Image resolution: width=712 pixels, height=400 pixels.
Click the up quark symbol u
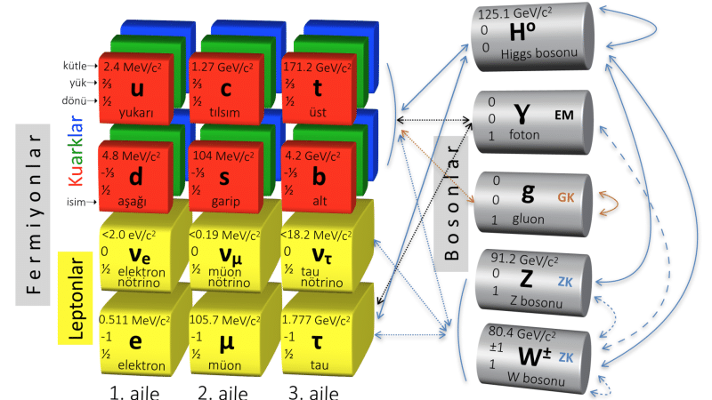[137, 88]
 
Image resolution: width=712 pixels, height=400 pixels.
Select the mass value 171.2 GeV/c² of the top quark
[317, 68]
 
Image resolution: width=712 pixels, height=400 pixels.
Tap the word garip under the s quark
[226, 201]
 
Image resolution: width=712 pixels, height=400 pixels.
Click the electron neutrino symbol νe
[140, 256]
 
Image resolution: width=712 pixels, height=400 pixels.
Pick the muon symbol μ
[227, 343]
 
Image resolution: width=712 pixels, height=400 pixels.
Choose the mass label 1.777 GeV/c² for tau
[316, 320]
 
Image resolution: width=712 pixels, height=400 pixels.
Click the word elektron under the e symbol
[142, 365]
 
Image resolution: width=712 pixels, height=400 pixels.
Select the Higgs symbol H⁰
[522, 31]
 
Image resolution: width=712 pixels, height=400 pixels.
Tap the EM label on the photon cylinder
[564, 116]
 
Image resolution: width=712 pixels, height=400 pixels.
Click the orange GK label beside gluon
[566, 197]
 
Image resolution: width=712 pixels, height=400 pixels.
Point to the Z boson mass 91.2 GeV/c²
[524, 260]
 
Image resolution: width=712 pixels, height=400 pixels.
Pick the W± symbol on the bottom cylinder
[535, 356]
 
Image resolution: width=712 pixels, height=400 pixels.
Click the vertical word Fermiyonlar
[34, 214]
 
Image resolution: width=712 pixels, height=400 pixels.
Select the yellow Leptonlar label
[76, 298]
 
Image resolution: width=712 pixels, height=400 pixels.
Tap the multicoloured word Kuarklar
[76, 150]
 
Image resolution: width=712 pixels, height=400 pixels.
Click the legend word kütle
[75, 66]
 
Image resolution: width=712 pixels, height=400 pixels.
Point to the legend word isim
[76, 202]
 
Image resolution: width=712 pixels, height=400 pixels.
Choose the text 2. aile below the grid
[223, 393]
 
